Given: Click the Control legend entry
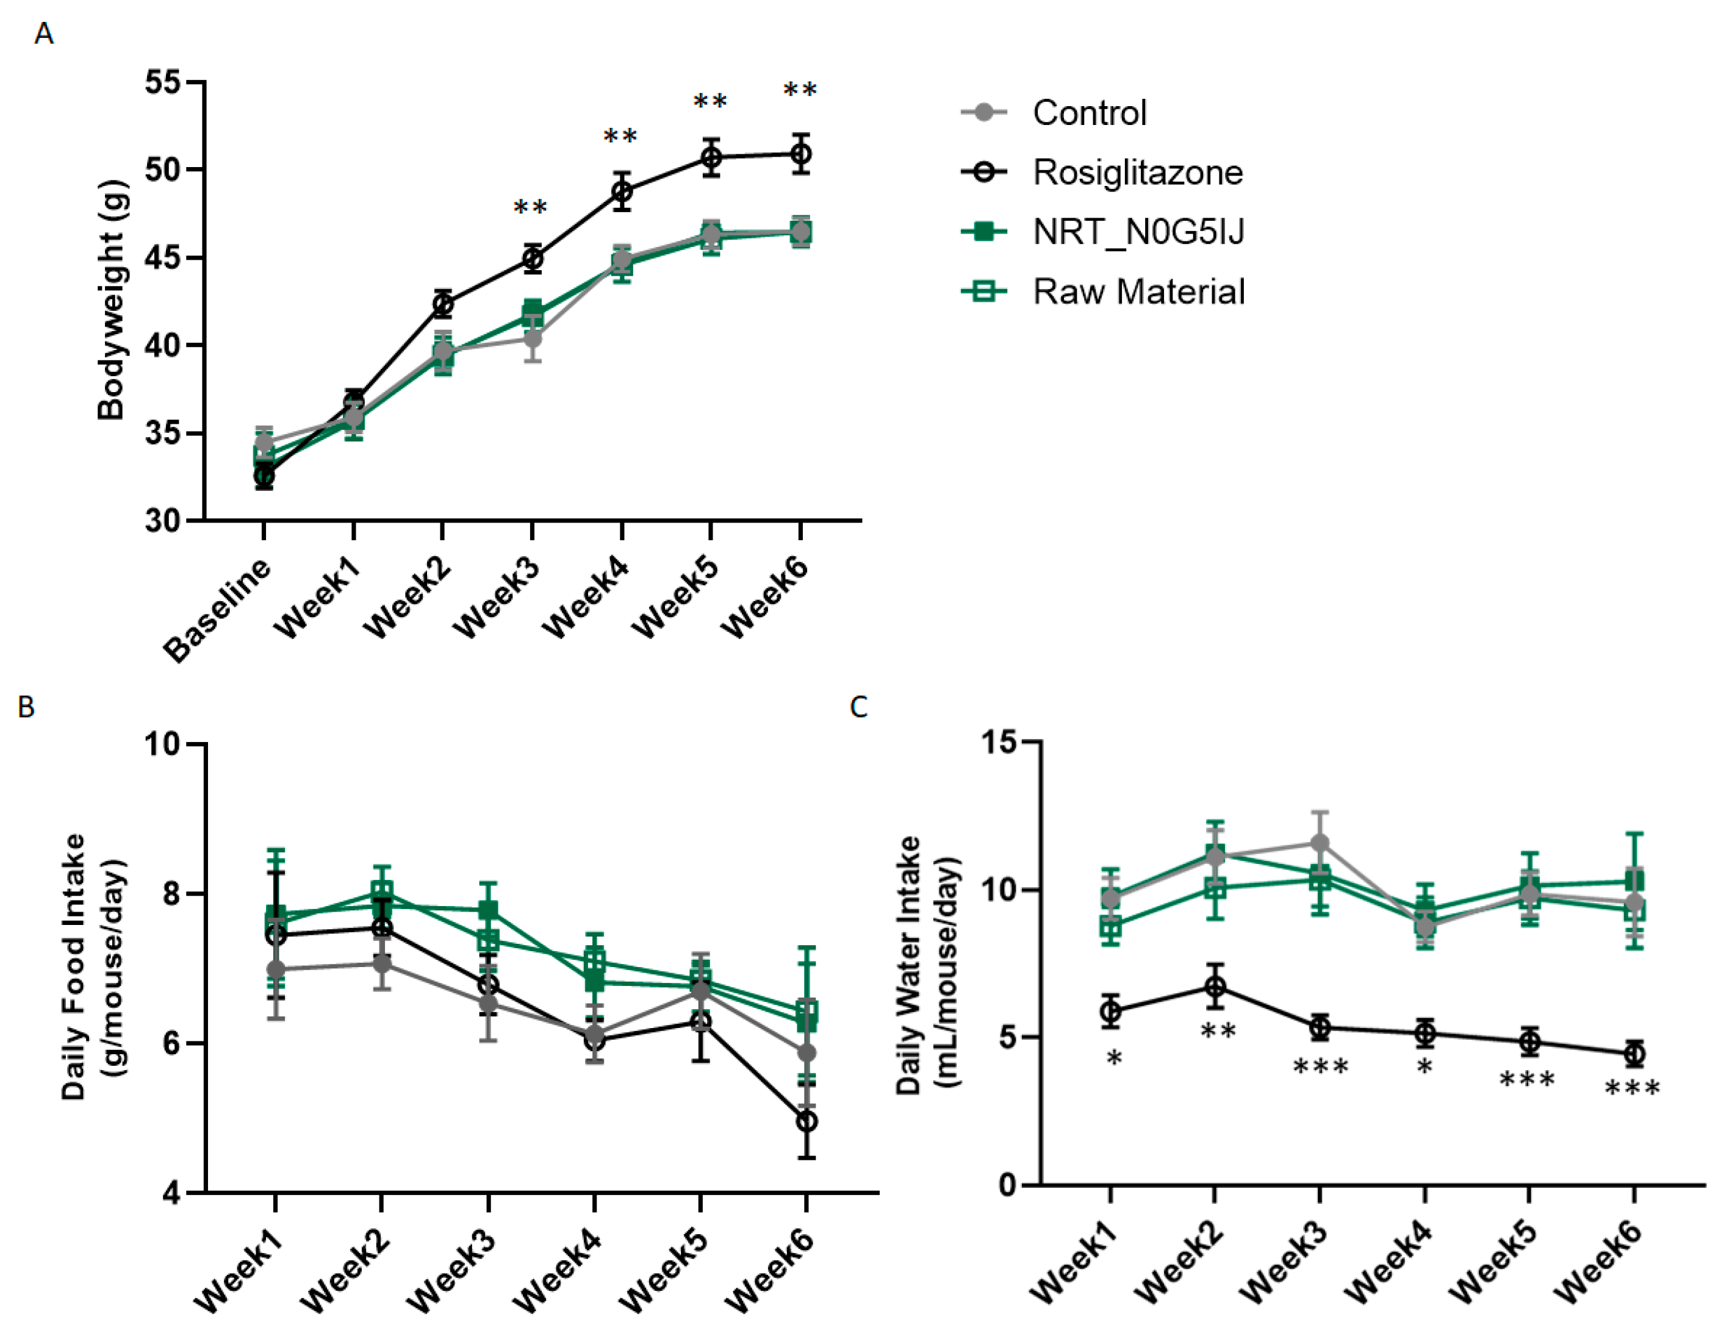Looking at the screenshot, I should coord(1088,113).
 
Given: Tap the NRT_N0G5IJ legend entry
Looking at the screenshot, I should coord(1138,232).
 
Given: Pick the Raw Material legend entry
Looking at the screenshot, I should coord(1138,291).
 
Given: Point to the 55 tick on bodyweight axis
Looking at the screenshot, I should coord(163,82).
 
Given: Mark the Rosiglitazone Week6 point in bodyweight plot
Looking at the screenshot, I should coord(801,154).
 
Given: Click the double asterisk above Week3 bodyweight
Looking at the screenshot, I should coord(531,208).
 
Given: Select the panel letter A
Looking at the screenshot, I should coord(45,34).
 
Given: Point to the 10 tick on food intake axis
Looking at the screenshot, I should coord(163,744).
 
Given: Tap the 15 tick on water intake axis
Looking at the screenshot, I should coord(1000,742).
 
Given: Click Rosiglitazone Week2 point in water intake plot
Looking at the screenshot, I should coord(1215,987).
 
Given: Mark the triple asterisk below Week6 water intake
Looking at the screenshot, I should coord(1633,1088).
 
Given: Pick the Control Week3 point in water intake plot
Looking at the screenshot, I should coord(1320,843).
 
